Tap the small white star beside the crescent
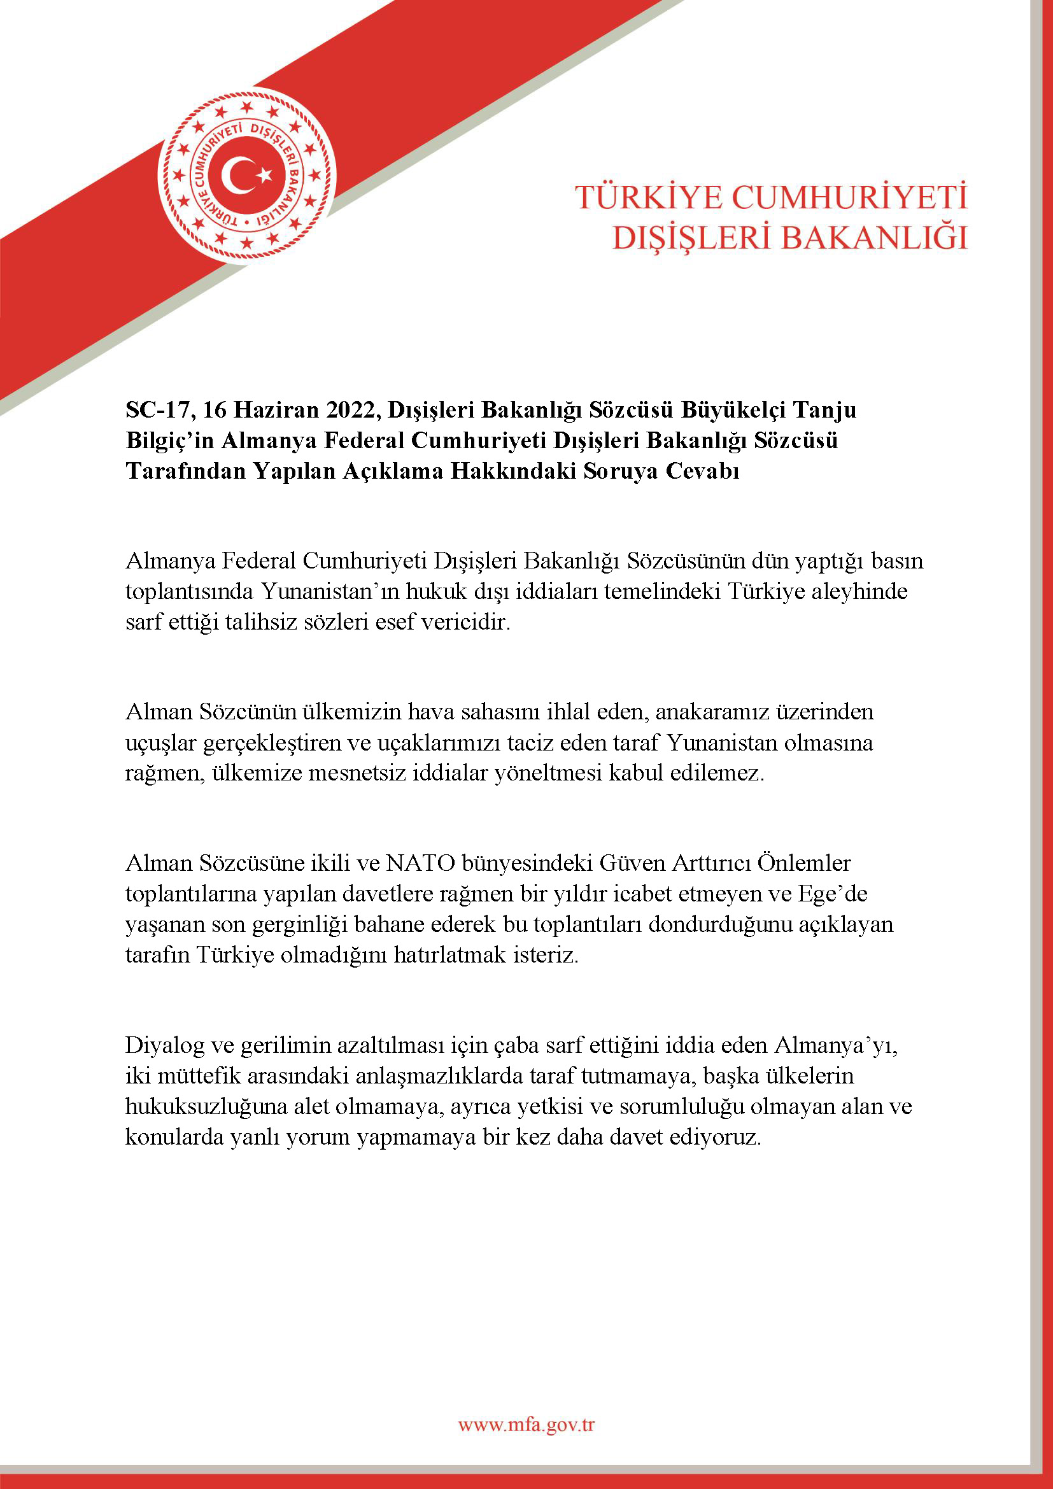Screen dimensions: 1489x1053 pyautogui.click(x=264, y=174)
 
